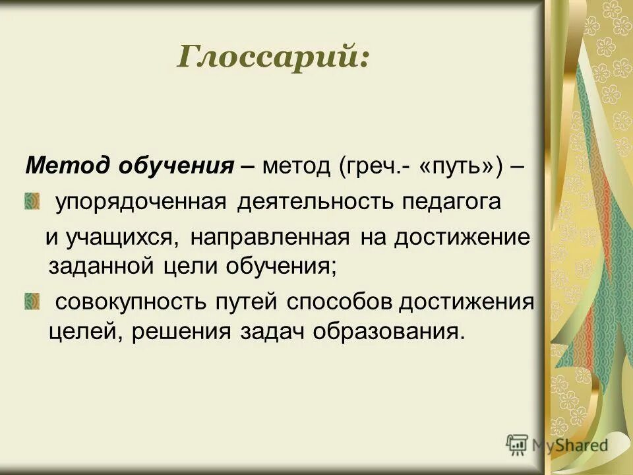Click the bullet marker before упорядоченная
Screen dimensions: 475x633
pos(32,201)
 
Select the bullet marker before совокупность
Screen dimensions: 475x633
pos(32,301)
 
